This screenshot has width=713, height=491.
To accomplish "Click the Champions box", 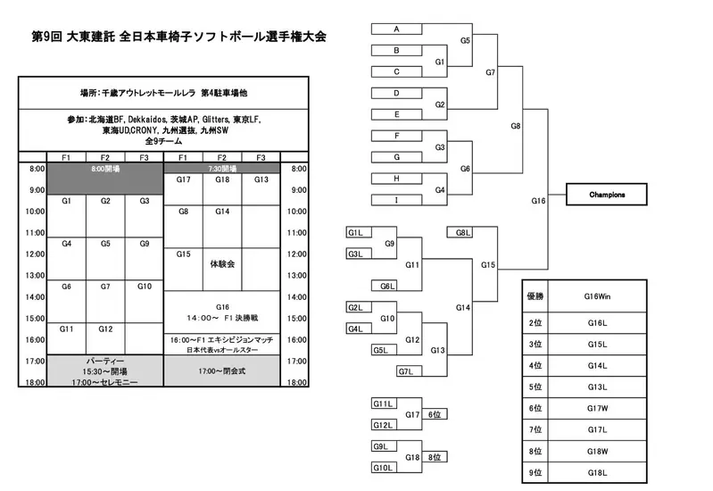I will tap(607, 194).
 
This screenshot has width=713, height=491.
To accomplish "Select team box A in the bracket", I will tap(396, 29).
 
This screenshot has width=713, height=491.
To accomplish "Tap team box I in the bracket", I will tap(396, 200).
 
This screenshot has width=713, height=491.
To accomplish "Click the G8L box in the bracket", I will tap(462, 233).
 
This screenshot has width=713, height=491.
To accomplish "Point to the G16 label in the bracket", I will tap(537, 202).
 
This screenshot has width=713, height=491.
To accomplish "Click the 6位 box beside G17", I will tap(435, 414).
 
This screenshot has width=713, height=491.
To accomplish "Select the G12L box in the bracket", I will tap(384, 426).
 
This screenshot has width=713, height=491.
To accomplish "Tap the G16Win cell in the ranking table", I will tap(595, 295).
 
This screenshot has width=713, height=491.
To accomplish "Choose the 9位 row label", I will tap(535, 472).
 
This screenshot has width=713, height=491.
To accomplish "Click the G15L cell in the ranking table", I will tap(595, 344).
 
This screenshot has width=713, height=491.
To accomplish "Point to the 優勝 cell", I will tap(535, 295).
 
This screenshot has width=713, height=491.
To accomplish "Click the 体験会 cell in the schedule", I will tap(222, 264).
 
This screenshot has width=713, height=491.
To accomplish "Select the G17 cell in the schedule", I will tap(183, 179).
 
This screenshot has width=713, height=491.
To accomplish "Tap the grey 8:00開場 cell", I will tap(105, 168).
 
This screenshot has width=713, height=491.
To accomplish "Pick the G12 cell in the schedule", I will tap(105, 329).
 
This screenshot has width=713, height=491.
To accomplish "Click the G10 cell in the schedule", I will tap(145, 287).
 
